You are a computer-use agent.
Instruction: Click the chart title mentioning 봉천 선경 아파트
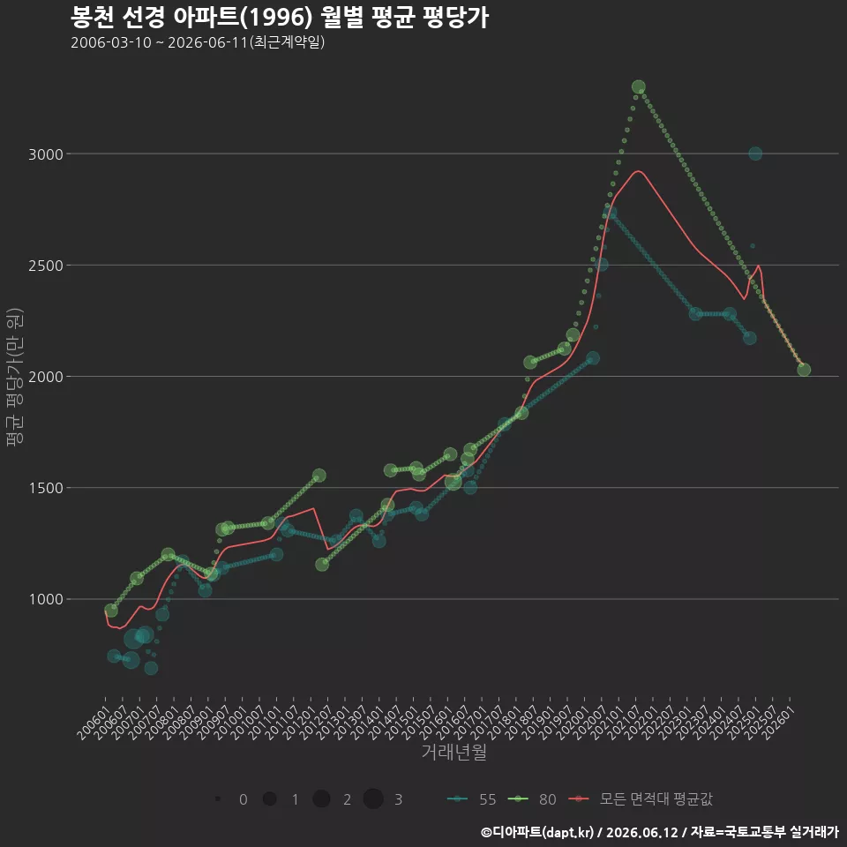[x=280, y=18]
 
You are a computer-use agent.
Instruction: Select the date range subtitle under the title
[x=198, y=42]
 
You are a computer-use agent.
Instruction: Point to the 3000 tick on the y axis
[x=46, y=154]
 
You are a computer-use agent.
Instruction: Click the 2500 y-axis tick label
[x=46, y=266]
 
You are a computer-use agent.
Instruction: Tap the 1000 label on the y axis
[x=46, y=600]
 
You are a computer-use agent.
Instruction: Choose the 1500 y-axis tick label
[x=46, y=488]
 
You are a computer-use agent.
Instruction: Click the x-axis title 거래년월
[x=453, y=752]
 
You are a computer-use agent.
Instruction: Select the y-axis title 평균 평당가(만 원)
[x=15, y=377]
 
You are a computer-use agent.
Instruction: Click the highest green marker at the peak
[x=639, y=87]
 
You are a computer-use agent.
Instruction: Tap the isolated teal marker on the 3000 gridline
[x=755, y=154]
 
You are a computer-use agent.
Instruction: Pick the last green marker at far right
[x=804, y=370]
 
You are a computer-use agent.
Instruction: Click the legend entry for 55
[x=471, y=799]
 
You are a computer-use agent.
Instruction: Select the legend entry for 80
[x=532, y=799]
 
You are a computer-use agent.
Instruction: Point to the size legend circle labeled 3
[x=373, y=798]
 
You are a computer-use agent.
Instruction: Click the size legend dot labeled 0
[x=218, y=798]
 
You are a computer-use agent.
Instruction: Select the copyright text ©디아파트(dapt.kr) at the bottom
[x=537, y=832]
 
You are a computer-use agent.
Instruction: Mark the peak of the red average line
[x=639, y=170]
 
